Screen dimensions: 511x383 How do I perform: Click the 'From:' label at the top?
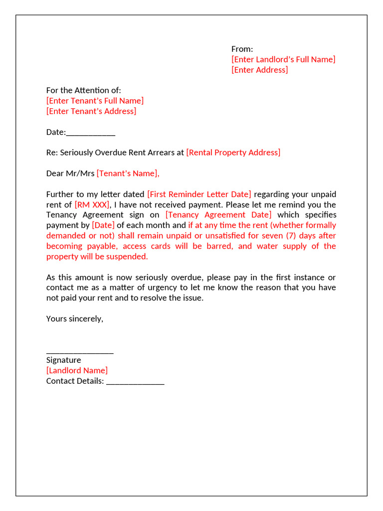pos(242,49)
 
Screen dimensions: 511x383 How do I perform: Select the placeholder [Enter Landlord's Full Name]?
pos(283,59)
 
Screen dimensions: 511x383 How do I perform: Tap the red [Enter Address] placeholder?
pos(259,70)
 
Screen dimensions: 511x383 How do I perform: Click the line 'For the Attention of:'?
pos(83,90)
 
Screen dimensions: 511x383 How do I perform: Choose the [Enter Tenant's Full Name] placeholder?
pos(95,101)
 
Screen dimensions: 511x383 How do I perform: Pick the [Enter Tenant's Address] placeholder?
pos(91,111)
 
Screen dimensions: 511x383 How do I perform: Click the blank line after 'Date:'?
pos(91,133)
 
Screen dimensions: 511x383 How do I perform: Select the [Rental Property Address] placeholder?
pos(233,153)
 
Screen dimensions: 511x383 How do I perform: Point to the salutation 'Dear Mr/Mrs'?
pos(70,174)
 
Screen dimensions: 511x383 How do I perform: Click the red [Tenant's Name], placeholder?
pos(128,174)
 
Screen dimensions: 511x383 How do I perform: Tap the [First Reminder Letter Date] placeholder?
pos(199,194)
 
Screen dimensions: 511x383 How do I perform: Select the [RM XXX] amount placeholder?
pos(92,205)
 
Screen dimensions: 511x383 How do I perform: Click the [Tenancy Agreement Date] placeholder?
pos(218,215)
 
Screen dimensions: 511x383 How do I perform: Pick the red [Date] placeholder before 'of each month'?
pos(103,226)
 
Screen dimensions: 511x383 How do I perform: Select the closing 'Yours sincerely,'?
pos(75,319)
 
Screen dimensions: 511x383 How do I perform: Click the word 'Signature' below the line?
pos(63,360)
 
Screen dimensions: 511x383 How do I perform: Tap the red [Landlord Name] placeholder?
pos(77,371)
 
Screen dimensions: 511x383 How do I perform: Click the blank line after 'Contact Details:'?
pos(135,382)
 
